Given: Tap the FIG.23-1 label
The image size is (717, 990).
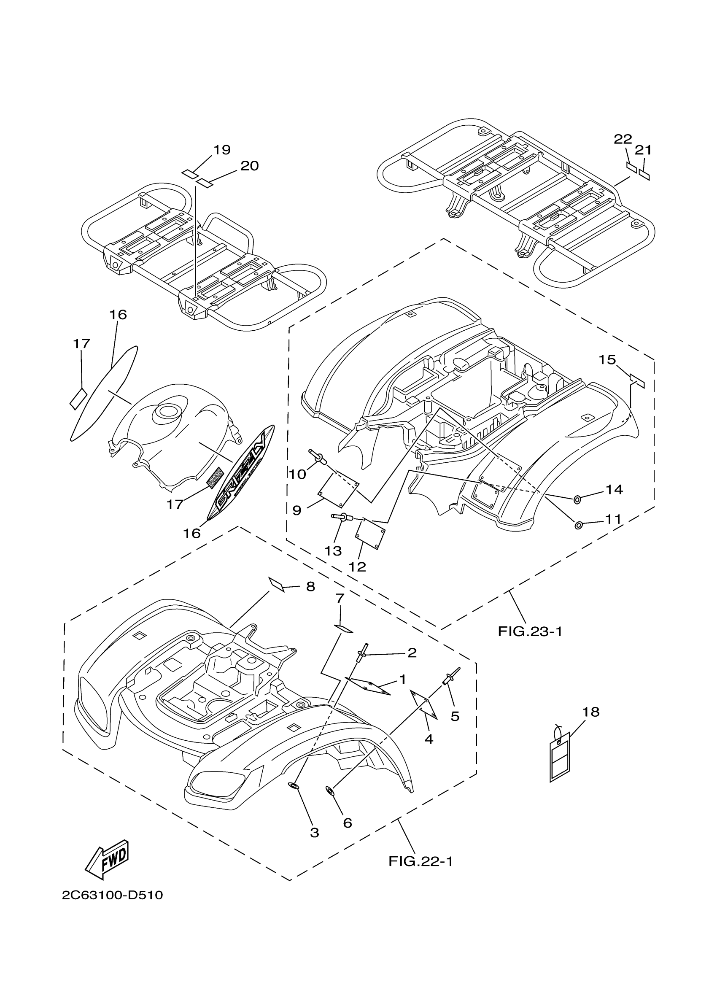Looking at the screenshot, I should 530,631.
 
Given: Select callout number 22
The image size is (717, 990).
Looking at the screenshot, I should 623,139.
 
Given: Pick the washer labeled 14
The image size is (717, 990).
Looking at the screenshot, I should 577,499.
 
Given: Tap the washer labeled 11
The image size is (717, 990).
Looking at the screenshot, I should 578,525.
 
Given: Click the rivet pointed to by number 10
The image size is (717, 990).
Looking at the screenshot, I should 317,456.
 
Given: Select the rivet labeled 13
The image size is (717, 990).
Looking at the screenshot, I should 342,517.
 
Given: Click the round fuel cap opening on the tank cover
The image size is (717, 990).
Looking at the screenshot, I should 167,411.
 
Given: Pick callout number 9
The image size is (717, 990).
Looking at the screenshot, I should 297,510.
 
